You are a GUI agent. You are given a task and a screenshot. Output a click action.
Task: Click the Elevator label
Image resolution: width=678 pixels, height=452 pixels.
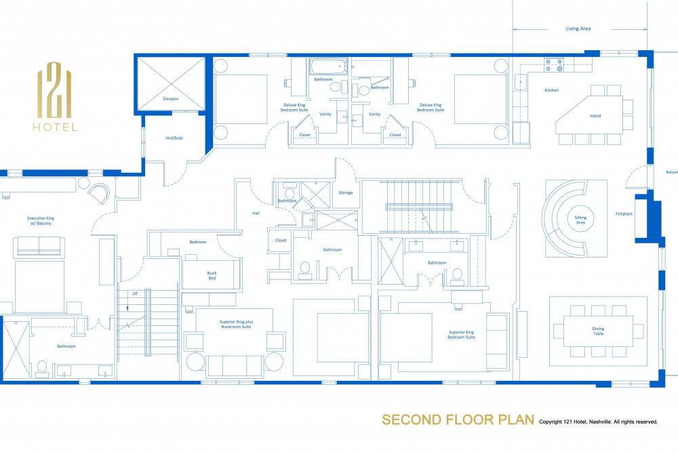pos(170,98)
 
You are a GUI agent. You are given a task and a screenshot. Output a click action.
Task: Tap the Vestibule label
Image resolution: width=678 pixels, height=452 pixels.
pos(174,138)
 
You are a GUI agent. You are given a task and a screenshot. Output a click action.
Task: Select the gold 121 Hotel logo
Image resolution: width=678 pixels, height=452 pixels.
pos(55,97)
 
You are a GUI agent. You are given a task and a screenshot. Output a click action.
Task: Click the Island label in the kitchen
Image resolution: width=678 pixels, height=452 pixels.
pos(595,116)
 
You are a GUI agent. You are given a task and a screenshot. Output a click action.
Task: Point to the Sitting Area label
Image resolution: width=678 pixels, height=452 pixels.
pos(581,220)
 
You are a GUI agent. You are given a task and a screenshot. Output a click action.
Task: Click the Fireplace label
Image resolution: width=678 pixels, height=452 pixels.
pos(624,214)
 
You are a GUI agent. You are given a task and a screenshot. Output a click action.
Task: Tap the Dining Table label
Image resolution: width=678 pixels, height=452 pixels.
pos(599,331)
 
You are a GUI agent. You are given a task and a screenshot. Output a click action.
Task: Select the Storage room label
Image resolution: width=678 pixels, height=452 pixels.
pos(346,192)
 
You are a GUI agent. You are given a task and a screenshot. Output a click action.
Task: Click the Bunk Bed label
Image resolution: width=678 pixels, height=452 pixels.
pos(212,276)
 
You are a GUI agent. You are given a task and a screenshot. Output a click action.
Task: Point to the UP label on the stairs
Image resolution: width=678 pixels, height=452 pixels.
pos(135,294)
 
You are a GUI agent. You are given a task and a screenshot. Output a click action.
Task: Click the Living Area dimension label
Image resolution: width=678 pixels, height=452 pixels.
pos(578,28)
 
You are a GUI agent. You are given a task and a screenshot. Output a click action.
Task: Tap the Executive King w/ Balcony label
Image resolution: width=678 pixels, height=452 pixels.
pos(41,221)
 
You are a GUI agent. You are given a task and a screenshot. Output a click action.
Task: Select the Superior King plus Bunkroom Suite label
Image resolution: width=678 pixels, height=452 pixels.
pos(236,324)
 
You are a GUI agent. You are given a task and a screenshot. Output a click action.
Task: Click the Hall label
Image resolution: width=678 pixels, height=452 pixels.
pos(256,213)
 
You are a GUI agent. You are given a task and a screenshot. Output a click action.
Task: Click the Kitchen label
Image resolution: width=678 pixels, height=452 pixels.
pos(552,90)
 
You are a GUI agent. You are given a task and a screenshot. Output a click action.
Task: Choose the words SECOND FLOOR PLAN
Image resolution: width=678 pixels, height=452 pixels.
pos(458,419)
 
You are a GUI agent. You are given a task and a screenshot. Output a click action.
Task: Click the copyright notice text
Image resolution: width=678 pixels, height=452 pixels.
pos(599,422)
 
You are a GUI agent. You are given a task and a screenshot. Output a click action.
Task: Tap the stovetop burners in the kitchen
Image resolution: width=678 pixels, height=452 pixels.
pos(554,65)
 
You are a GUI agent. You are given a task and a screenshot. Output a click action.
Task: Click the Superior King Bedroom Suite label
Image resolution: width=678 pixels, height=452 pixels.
pos(461,335)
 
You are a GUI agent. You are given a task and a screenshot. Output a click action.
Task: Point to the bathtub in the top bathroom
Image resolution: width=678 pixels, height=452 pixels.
pos(329,66)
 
